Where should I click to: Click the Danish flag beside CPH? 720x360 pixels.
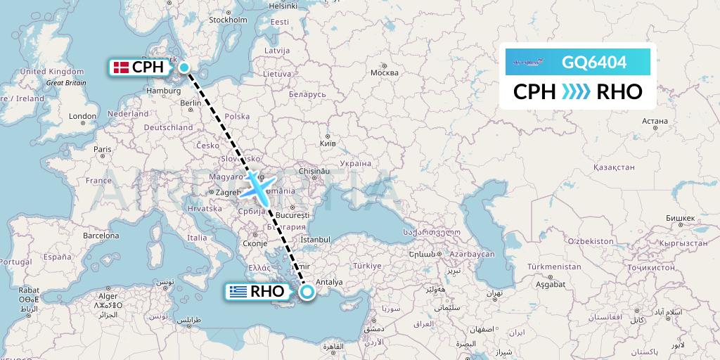tap(121, 67)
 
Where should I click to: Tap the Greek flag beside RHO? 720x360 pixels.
tap(238, 291)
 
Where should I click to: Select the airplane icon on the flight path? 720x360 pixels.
tap(260, 188)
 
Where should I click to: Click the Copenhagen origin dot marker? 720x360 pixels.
tap(184, 67)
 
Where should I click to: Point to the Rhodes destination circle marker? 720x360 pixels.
tap(307, 291)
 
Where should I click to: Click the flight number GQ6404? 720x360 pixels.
tap(594, 63)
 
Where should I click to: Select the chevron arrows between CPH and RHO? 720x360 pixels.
tap(577, 92)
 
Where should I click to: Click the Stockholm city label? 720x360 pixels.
tap(226, 20)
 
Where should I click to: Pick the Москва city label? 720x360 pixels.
tap(384, 72)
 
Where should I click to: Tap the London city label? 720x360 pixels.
tap(82, 117)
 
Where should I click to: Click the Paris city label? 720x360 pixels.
tap(103, 149)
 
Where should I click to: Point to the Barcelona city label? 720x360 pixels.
tap(101, 236)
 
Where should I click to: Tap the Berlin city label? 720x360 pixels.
tap(191, 103)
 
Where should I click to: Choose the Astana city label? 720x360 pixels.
tap(655, 121)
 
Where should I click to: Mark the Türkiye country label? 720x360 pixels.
tap(367, 266)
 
